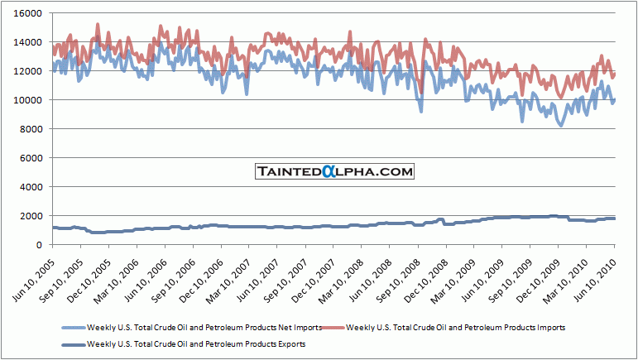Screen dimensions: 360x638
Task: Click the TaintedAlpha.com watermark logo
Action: (333, 171)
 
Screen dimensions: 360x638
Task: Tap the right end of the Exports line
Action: (615, 218)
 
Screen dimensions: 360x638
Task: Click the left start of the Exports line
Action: (52, 228)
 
